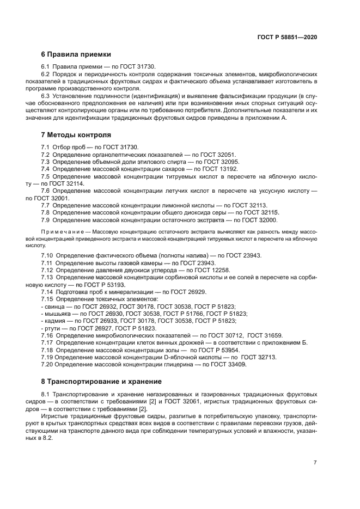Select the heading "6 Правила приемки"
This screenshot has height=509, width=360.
(76, 54)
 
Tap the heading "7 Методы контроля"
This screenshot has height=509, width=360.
(76, 134)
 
